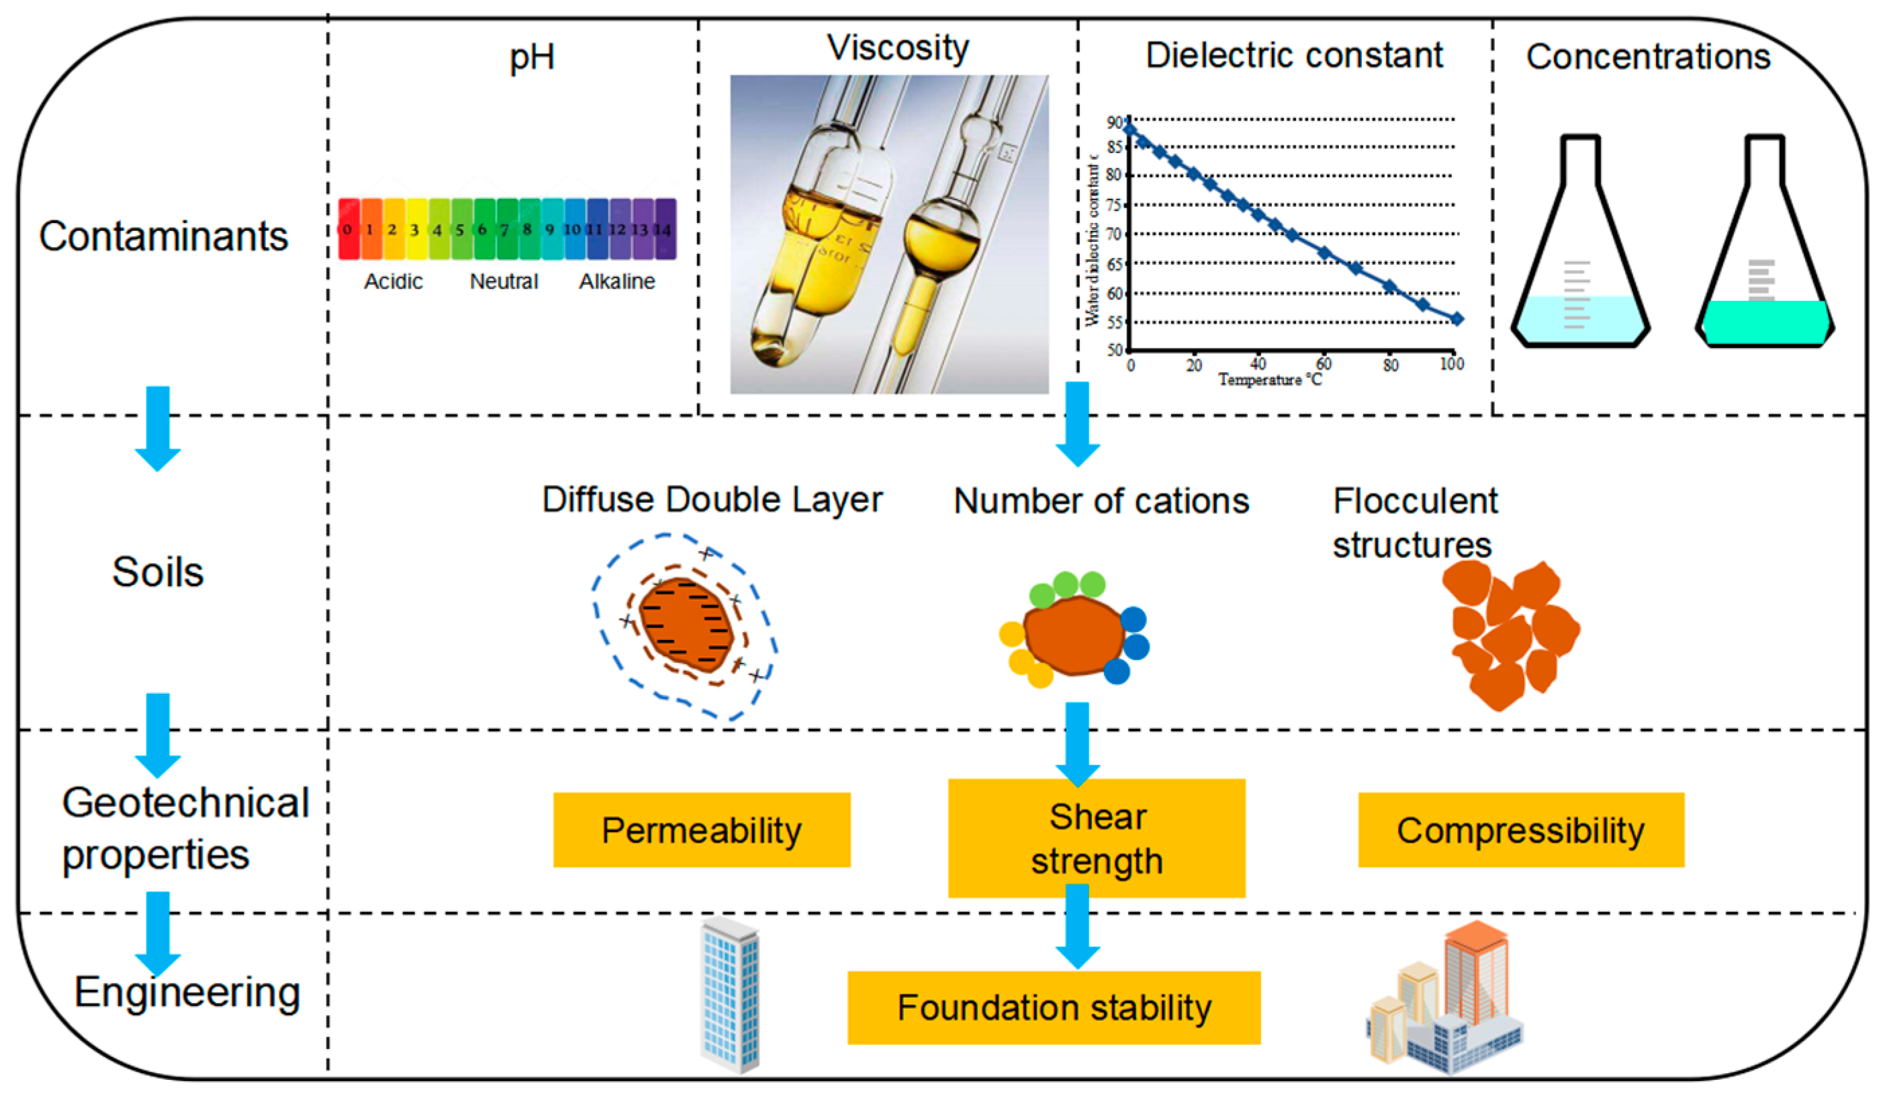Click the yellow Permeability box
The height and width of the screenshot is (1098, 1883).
click(701, 829)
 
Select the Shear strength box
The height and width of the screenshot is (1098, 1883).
click(1096, 838)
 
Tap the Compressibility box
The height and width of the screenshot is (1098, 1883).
click(1520, 829)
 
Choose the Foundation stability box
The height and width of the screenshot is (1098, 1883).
click(1054, 1007)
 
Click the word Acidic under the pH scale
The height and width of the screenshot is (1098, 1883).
click(393, 282)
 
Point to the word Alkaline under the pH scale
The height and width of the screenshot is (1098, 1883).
click(616, 282)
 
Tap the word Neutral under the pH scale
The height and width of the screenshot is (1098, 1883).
click(504, 282)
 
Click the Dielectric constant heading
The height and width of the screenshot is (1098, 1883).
click(1294, 55)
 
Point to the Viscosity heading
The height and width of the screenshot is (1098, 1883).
click(897, 48)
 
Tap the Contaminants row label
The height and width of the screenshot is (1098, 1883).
click(164, 236)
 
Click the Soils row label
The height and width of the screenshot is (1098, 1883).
click(158, 573)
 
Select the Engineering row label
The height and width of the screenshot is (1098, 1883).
click(187, 993)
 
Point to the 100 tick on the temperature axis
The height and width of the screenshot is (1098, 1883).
click(1452, 364)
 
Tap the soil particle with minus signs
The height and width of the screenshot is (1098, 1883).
click(686, 625)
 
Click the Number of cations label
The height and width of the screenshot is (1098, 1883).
click(1101, 501)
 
